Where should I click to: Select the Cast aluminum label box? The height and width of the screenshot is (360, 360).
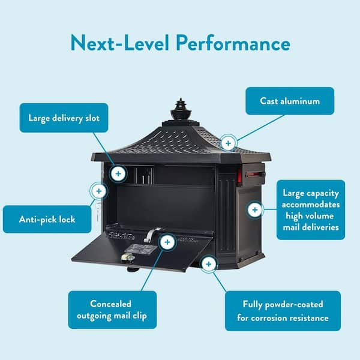pyautogui.click(x=290, y=101)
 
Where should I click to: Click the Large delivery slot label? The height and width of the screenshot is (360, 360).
pyautogui.click(x=64, y=118)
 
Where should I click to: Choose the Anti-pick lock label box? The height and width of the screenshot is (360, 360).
pyautogui.click(x=47, y=219)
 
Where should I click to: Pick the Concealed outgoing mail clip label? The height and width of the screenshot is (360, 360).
pyautogui.click(x=112, y=310)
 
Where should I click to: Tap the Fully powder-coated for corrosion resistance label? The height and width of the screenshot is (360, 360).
pyautogui.click(x=283, y=311)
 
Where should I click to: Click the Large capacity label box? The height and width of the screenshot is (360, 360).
pyautogui.click(x=311, y=210)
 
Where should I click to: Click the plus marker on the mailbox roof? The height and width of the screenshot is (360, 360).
pyautogui.click(x=228, y=143)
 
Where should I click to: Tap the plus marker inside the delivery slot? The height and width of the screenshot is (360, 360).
pyautogui.click(x=118, y=174)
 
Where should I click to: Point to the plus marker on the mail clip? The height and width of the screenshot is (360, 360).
pyautogui.click(x=167, y=242)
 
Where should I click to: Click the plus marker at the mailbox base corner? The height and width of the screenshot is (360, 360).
pyautogui.click(x=208, y=263)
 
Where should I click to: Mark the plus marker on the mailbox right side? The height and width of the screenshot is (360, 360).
pyautogui.click(x=255, y=210)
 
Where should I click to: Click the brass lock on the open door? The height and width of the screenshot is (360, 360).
pyautogui.click(x=125, y=256)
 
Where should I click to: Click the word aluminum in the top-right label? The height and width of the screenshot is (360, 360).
pyautogui.click(x=305, y=101)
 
